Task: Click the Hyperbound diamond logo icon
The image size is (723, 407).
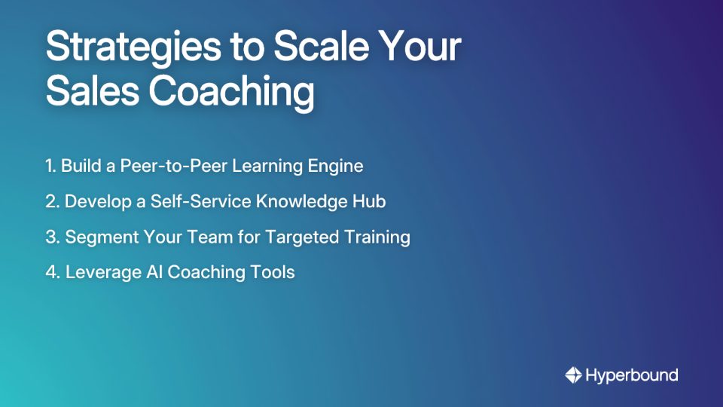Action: coord(573,375)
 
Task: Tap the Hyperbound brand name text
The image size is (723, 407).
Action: coord(632,375)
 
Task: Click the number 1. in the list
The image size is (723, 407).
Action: coord(50,166)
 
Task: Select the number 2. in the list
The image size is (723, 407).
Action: coord(52,201)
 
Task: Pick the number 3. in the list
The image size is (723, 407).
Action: coord(52,237)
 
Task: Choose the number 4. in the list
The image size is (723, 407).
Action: coord(52,272)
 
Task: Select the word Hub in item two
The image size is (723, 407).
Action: coord(371,201)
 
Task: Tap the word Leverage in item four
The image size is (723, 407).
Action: coord(99,273)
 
